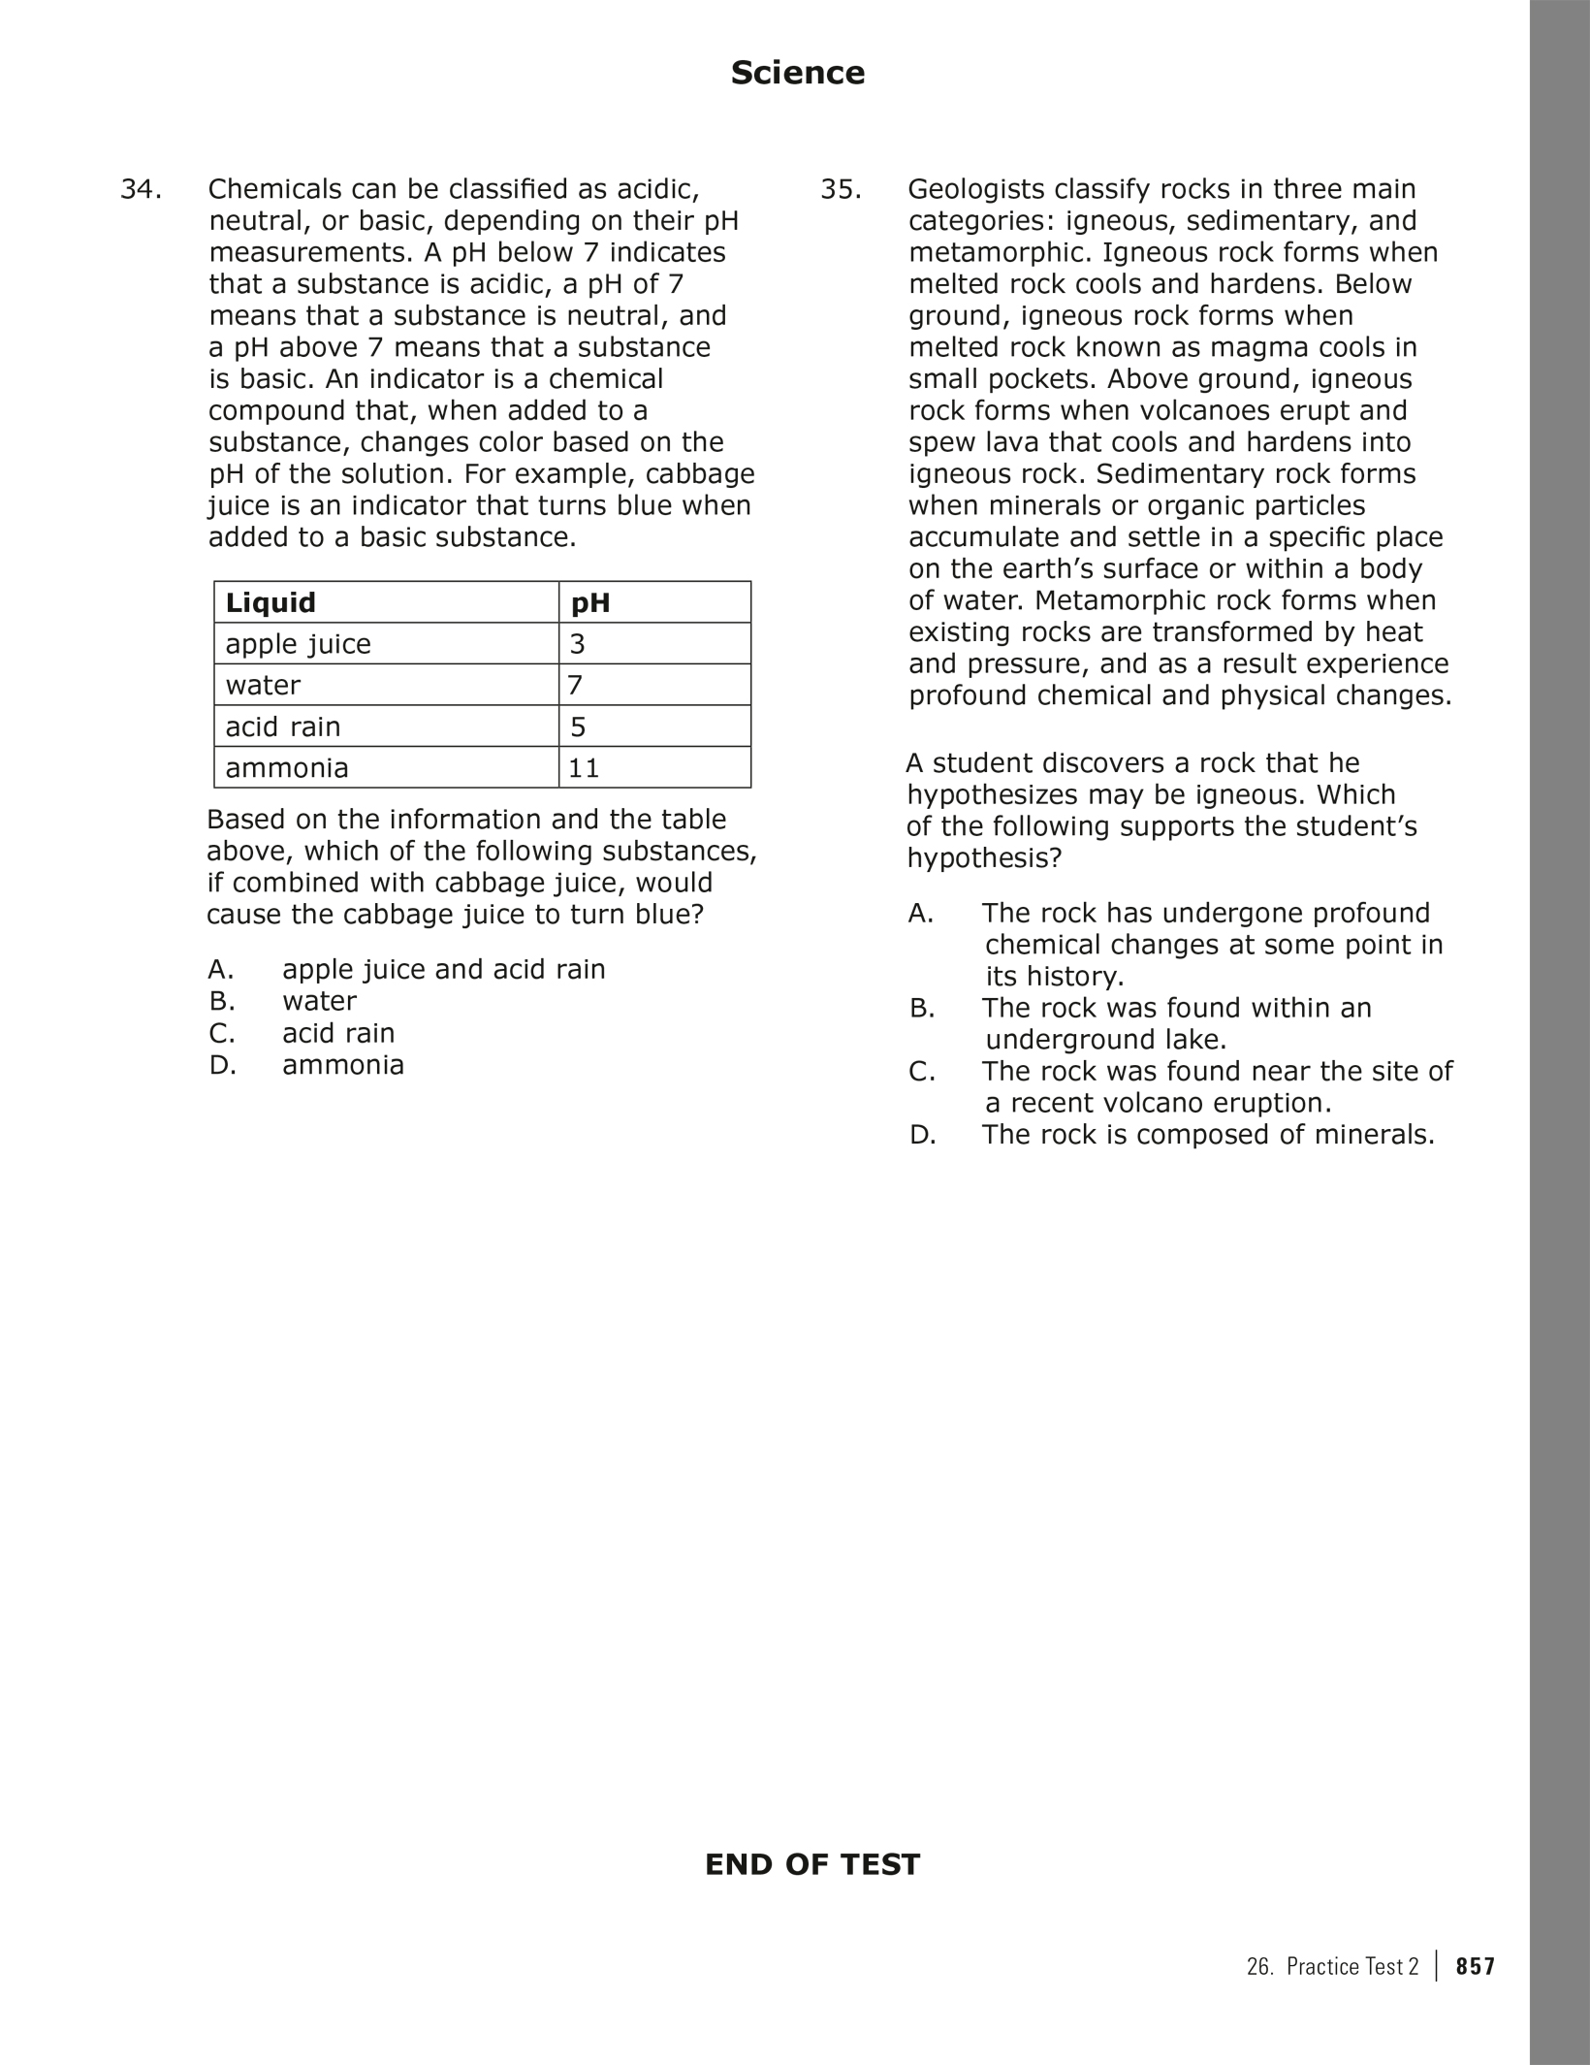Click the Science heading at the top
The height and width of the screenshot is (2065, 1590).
click(797, 73)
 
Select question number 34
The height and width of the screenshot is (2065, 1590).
click(140, 189)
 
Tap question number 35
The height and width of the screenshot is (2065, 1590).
click(841, 189)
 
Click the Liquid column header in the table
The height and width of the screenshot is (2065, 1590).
click(270, 602)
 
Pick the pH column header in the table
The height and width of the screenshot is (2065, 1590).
click(590, 602)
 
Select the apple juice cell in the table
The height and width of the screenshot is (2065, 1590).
click(298, 644)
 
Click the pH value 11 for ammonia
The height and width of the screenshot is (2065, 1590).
click(584, 768)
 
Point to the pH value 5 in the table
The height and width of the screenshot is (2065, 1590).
click(578, 726)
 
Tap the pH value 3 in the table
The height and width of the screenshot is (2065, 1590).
click(577, 644)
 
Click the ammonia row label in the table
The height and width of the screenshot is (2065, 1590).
click(286, 768)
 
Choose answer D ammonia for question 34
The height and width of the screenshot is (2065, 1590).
click(342, 1065)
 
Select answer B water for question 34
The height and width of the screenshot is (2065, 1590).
click(319, 1001)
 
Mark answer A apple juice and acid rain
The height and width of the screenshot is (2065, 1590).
click(443, 969)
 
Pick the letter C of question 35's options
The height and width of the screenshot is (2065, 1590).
click(921, 1072)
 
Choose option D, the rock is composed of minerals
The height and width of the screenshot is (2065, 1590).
click(1207, 1135)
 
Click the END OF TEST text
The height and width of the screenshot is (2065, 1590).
click(811, 1864)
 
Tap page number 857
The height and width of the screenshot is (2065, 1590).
click(1476, 1966)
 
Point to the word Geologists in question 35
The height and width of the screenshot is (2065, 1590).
click(973, 189)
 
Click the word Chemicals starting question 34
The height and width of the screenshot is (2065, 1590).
click(273, 189)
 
